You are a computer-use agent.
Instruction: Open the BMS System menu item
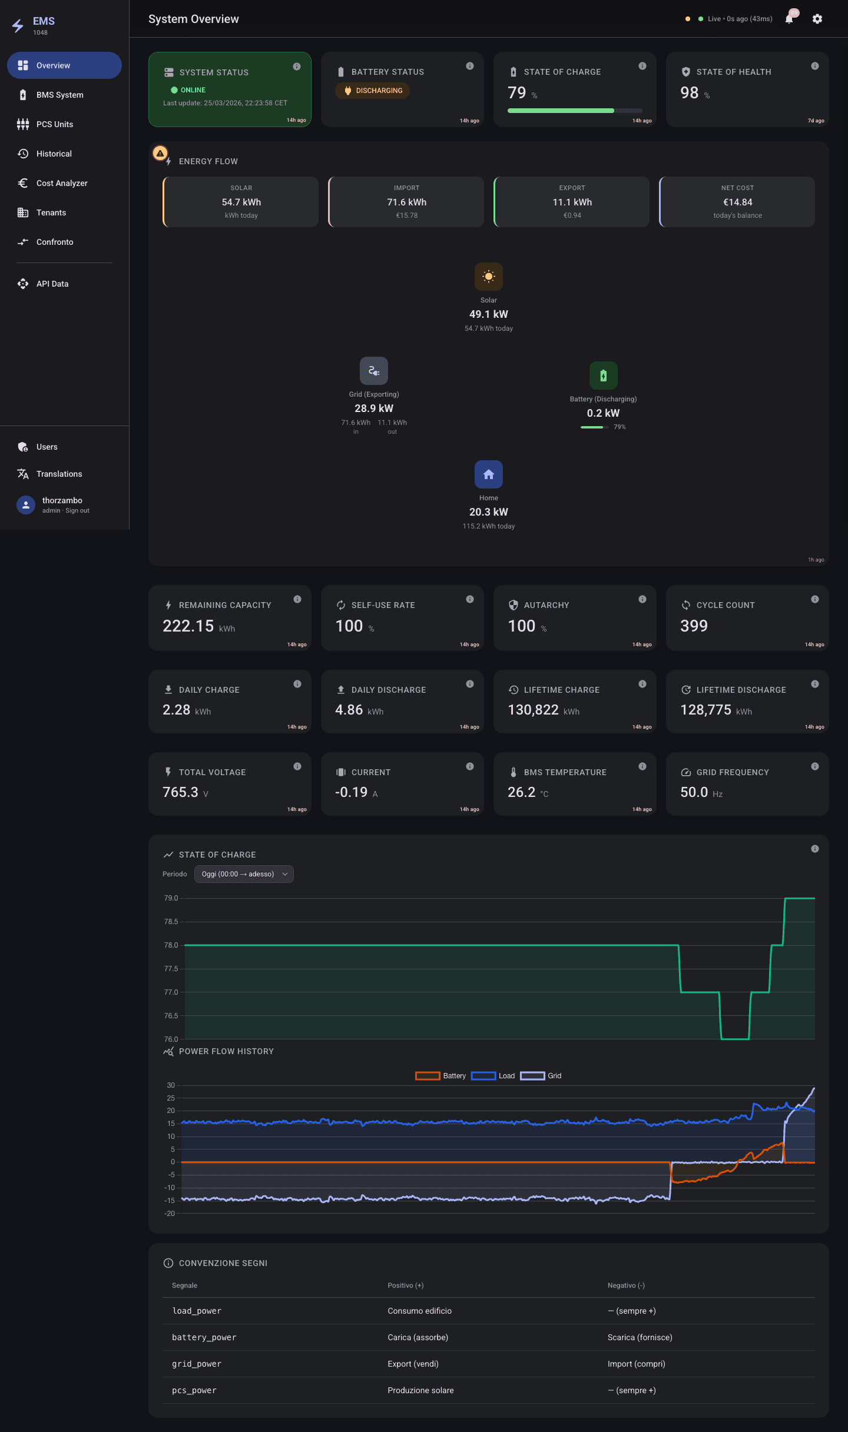pyautogui.click(x=59, y=95)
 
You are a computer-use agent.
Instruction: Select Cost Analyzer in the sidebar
pyautogui.click(x=62, y=183)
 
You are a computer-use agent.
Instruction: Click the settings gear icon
pyautogui.click(x=817, y=19)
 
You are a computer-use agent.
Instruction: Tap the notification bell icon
pyautogui.click(x=789, y=19)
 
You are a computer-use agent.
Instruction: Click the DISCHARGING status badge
pyautogui.click(x=373, y=91)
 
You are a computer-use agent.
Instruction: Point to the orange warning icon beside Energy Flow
pyautogui.click(x=160, y=154)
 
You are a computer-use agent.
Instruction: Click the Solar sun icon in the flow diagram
pyautogui.click(x=489, y=277)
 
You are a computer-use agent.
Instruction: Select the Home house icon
pyautogui.click(x=489, y=474)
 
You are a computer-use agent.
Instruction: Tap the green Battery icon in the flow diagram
pyautogui.click(x=604, y=376)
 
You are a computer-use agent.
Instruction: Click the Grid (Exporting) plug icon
pyautogui.click(x=374, y=371)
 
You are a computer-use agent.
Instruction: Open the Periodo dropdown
pyautogui.click(x=244, y=874)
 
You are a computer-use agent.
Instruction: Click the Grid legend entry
pyautogui.click(x=541, y=1076)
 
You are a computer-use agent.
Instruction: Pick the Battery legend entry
pyautogui.click(x=441, y=1076)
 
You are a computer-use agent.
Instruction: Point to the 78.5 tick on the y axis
pyautogui.click(x=171, y=922)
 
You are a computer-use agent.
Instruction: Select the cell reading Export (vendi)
pyautogui.click(x=413, y=1364)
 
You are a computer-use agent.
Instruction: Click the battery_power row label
pyautogui.click(x=204, y=1337)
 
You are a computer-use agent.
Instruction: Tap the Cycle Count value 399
pyautogui.click(x=694, y=626)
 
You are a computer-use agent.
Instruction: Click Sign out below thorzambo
pyautogui.click(x=78, y=511)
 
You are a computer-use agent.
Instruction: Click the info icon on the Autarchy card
pyautogui.click(x=642, y=599)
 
